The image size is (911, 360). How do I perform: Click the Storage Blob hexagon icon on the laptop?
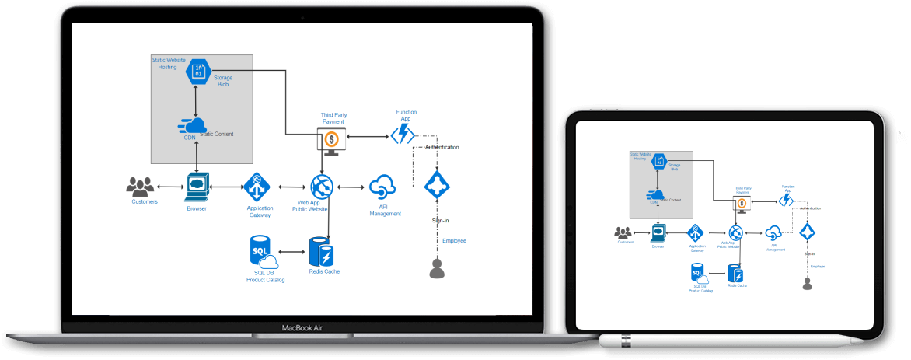coord(199,72)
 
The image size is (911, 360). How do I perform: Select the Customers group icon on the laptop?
coord(141,187)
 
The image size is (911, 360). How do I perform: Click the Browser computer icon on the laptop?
coord(197,187)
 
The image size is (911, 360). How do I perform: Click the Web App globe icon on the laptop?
coord(322,187)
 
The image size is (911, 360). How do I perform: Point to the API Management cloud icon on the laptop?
coord(383,187)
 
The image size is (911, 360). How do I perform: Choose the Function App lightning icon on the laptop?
coord(403,136)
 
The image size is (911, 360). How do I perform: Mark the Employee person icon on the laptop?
coord(437,268)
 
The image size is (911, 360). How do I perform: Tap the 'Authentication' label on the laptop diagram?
coord(442,147)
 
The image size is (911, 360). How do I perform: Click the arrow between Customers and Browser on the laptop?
coord(169,187)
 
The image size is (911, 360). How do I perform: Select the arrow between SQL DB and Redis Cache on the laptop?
coord(291,252)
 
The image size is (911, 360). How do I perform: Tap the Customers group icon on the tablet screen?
coord(623,232)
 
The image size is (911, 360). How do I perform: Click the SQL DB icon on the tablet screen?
coord(697,273)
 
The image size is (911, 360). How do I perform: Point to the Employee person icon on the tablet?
coord(807,284)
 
